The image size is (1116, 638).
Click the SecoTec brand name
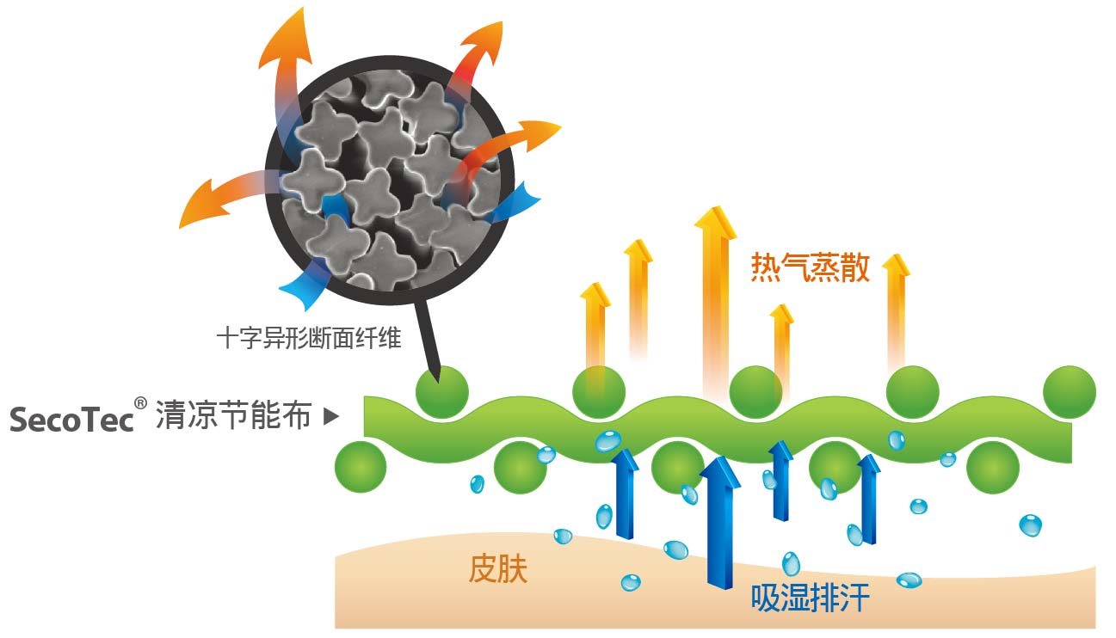pos(71,420)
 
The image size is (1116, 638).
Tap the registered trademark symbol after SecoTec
pos(140,403)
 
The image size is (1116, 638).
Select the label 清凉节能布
pos(234,414)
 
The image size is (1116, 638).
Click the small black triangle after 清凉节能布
pos(330,416)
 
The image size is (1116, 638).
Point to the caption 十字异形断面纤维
pos(309,338)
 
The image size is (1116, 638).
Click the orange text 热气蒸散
pos(810,267)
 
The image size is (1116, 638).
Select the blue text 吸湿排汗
pos(810,598)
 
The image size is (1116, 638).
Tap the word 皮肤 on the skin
pos(497,568)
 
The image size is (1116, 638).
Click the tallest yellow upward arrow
pos(715,299)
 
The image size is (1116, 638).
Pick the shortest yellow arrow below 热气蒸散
pos(781,348)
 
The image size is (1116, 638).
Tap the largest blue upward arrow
pos(720,523)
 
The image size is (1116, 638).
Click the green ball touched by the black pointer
pos(442,392)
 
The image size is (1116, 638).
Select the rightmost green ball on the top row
pos(1070,392)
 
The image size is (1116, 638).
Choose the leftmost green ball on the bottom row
pos(361,467)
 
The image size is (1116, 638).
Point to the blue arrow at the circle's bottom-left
pos(305,285)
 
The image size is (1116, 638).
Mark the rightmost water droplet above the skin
pos(1030,525)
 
